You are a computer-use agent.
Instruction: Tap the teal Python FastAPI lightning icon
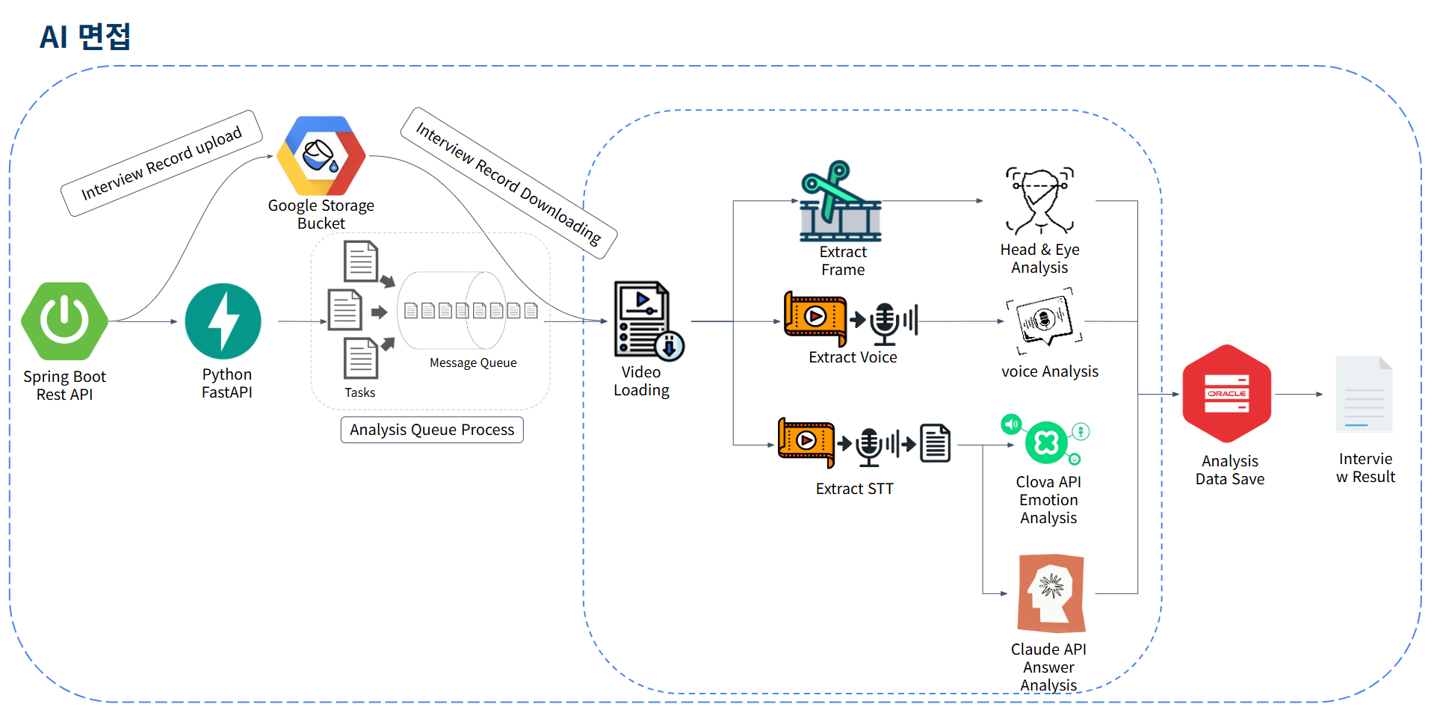(223, 321)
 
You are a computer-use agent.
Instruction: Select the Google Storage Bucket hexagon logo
(321, 155)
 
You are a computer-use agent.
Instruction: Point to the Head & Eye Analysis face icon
(1039, 200)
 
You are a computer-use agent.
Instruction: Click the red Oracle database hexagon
(1226, 394)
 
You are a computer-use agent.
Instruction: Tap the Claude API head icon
(1051, 593)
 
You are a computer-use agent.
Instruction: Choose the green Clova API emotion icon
(1046, 442)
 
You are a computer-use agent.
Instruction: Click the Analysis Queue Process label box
(432, 430)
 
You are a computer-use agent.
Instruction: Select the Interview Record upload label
(161, 163)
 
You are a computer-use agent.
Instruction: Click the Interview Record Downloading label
(509, 183)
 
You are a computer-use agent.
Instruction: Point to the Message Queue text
(473, 363)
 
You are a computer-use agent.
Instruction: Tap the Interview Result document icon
(1364, 394)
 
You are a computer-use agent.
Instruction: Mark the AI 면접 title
(85, 37)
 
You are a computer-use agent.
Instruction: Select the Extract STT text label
(854, 489)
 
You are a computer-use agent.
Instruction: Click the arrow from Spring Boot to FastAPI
(145, 321)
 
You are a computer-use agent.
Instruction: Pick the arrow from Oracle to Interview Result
(1299, 394)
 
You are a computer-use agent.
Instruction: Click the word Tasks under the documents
(359, 392)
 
